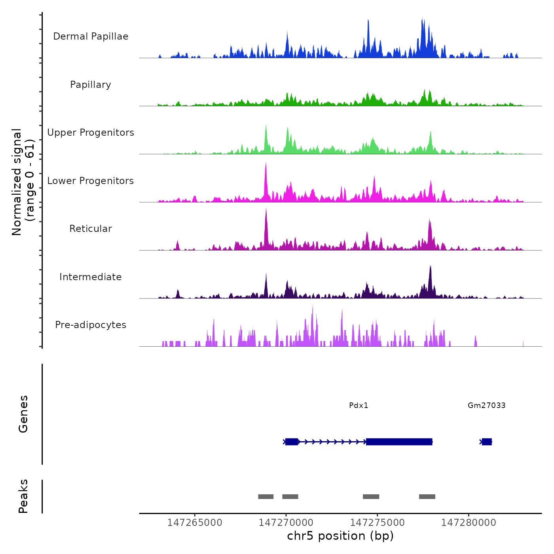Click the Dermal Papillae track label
click(91, 36)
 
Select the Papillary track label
click(91, 85)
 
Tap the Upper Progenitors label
click(91, 133)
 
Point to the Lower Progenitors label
click(91, 181)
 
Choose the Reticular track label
click(91, 229)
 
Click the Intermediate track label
click(91, 277)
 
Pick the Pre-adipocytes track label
click(91, 325)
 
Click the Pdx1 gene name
click(359, 405)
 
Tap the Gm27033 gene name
click(486, 405)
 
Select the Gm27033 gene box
click(487, 442)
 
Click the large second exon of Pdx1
click(399, 442)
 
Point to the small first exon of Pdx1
click(292, 442)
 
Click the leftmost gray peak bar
click(266, 497)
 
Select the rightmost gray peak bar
click(427, 497)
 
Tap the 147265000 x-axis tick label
click(195, 523)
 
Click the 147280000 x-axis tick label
click(469, 523)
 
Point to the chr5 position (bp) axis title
click(340, 536)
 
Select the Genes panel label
click(23, 414)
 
